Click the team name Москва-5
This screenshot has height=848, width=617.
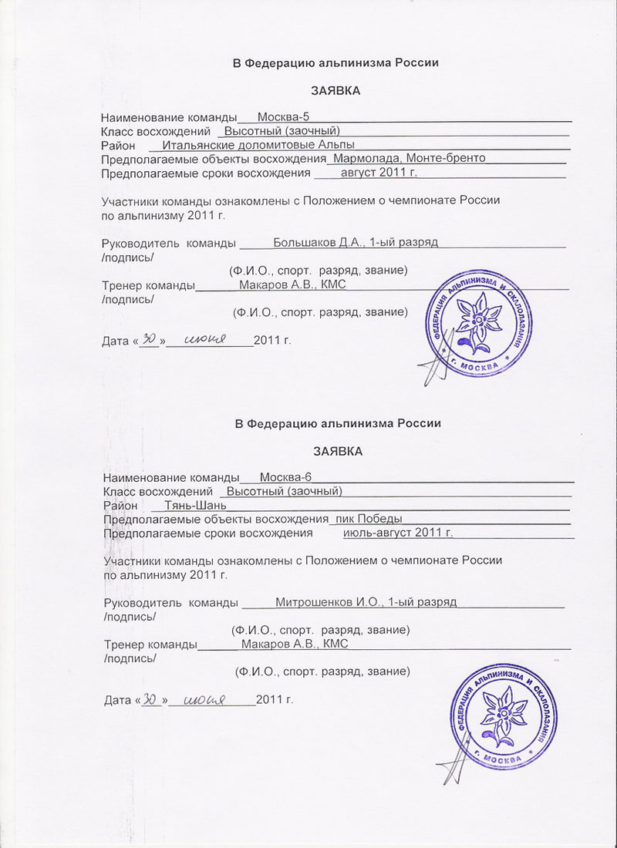coord(283,117)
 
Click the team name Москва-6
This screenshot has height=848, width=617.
coord(285,477)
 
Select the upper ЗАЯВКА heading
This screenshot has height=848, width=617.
coord(335,91)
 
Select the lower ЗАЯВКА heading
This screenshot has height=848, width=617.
coord(337,451)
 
